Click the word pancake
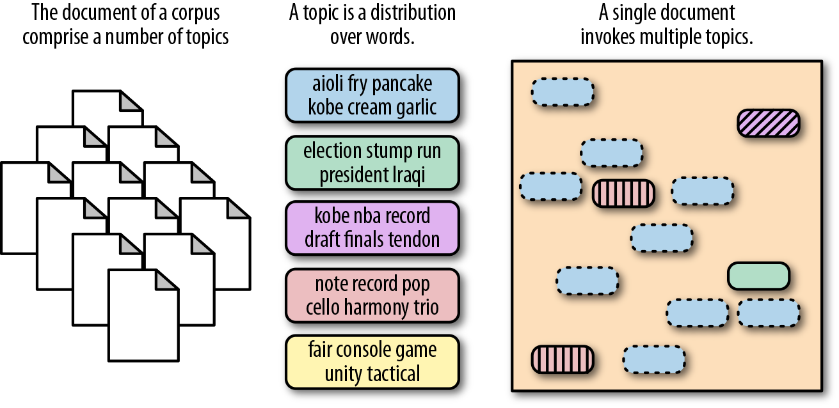[x=402, y=84]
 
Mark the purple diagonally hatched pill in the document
[x=767, y=123]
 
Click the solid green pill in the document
[x=758, y=276]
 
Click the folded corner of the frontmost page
[x=168, y=280]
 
